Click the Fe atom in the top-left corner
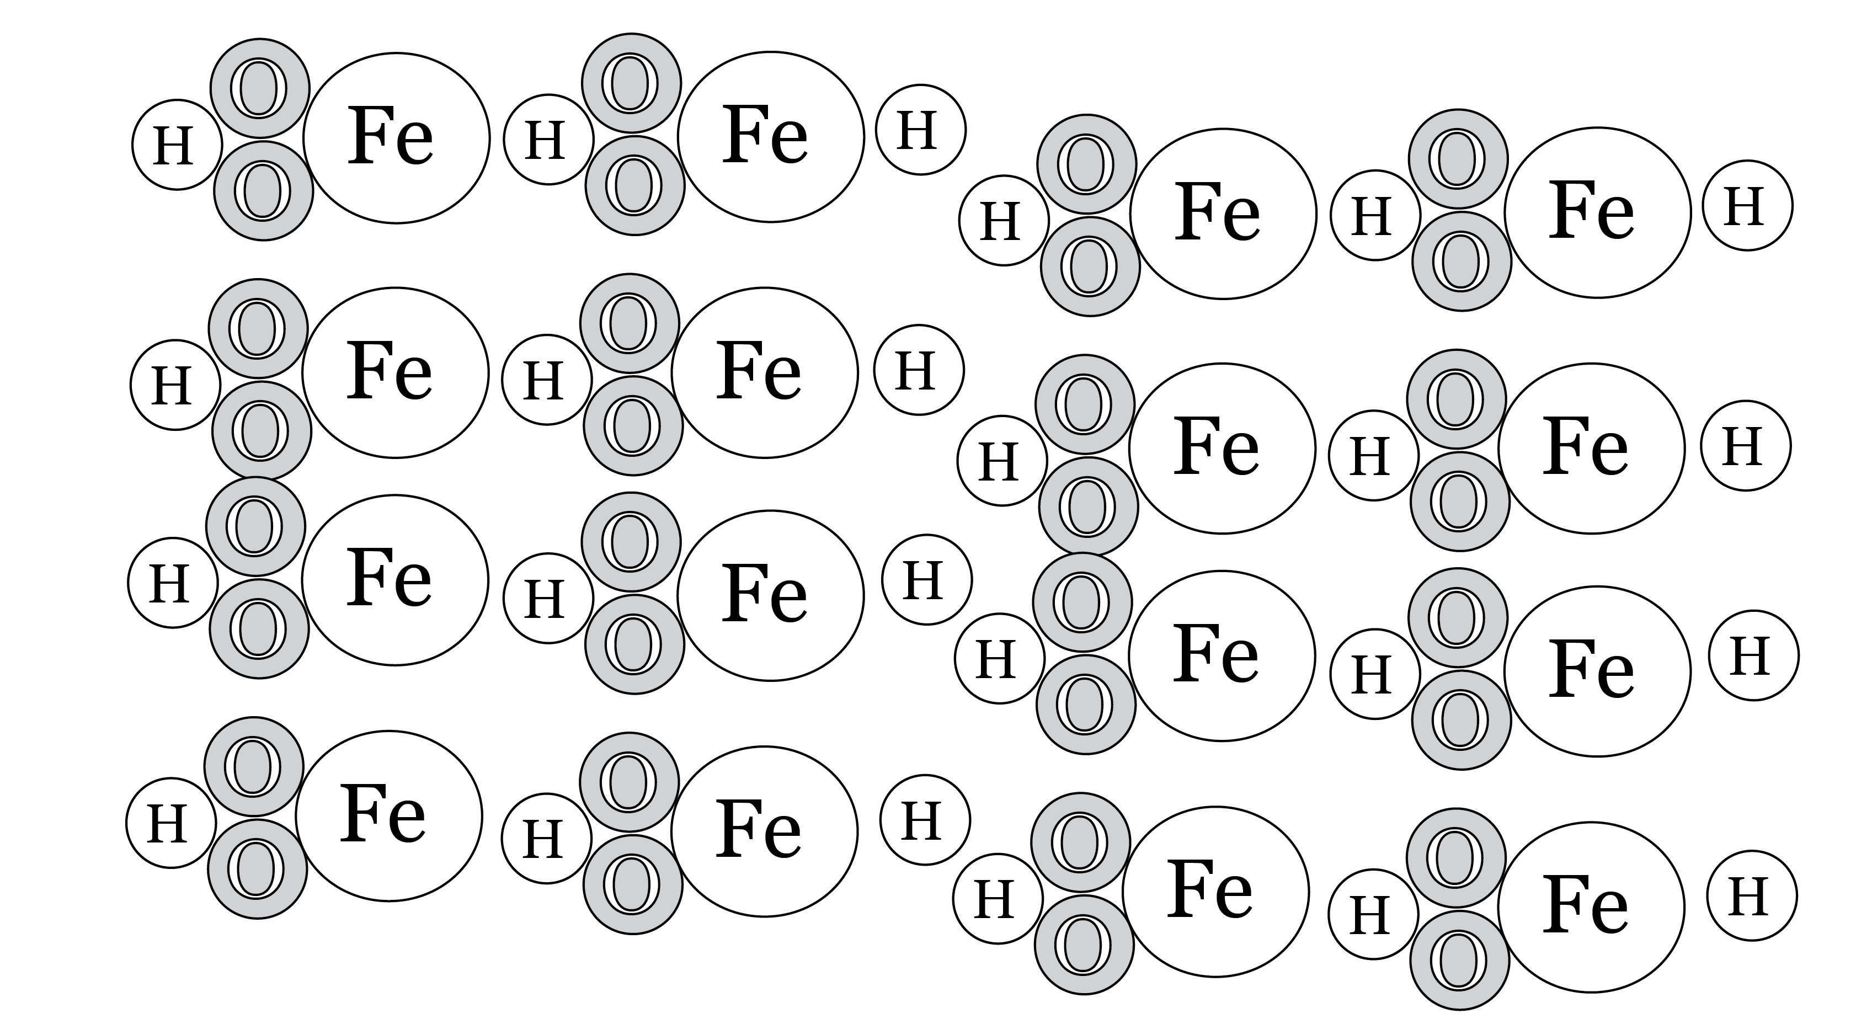(x=396, y=137)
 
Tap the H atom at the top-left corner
(x=176, y=145)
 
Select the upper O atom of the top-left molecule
(x=260, y=88)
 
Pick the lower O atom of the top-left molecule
(x=264, y=191)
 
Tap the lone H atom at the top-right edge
(x=1747, y=205)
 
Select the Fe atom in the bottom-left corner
(x=388, y=816)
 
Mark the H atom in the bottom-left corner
(x=170, y=822)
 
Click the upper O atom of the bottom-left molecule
(x=254, y=766)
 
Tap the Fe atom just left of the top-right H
(x=1597, y=212)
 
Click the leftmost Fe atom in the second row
(x=395, y=372)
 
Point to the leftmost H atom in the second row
(x=174, y=385)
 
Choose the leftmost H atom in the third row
(x=172, y=582)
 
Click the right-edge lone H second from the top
(x=1745, y=445)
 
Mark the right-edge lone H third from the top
(x=1752, y=655)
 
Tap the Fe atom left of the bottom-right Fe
(x=1215, y=892)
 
